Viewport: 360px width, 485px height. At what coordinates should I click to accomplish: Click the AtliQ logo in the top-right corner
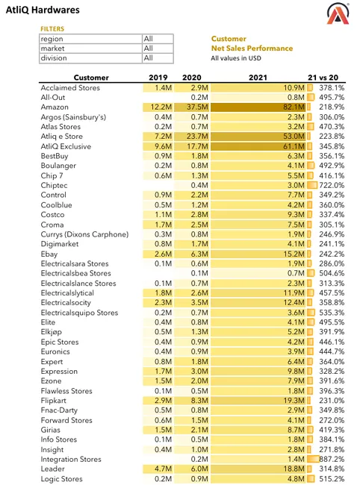[x=338, y=13]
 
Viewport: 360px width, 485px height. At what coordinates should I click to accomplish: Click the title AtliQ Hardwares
[x=43, y=10]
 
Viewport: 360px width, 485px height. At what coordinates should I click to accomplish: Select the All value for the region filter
[x=149, y=39]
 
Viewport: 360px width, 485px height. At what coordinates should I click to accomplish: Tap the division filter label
[x=54, y=58]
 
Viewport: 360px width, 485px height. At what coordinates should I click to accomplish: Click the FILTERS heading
[x=52, y=29]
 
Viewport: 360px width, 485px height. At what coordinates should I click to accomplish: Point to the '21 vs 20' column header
[x=323, y=78]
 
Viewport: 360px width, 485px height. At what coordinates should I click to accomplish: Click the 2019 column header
[x=158, y=78]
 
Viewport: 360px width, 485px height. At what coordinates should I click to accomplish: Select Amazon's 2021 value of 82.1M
[x=294, y=107]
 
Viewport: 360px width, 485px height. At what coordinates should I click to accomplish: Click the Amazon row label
[x=55, y=107]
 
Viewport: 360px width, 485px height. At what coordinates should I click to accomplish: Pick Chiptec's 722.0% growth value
[x=332, y=185]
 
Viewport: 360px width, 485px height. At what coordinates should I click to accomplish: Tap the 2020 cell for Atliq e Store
[x=197, y=137]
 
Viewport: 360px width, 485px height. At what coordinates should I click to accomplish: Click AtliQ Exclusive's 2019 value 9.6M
[x=163, y=146]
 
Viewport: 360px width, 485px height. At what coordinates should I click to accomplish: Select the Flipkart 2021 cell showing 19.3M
[x=294, y=401]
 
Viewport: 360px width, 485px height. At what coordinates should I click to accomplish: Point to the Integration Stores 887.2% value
[x=332, y=459]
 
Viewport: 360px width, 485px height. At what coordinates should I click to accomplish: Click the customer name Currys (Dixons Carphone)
[x=84, y=234]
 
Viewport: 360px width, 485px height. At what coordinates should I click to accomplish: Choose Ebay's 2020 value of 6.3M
[x=199, y=254]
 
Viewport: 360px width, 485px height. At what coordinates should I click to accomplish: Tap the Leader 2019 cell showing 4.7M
[x=163, y=469]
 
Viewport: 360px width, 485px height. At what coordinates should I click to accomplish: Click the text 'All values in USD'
[x=236, y=58]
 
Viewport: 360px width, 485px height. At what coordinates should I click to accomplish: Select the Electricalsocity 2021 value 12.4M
[x=294, y=302]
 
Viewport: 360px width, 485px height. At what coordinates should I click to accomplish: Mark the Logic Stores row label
[x=61, y=479]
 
